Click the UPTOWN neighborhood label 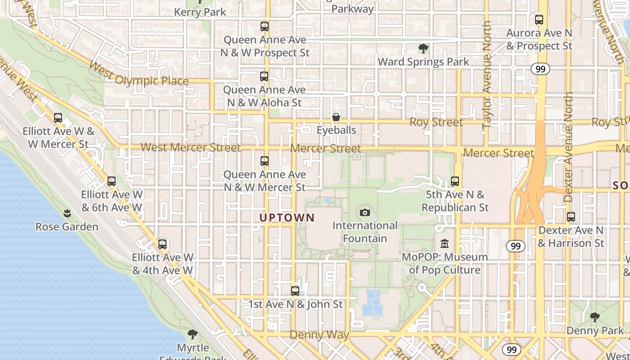click(x=287, y=218)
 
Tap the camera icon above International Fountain click(x=365, y=212)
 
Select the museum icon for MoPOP click(x=445, y=244)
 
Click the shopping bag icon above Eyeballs click(x=336, y=117)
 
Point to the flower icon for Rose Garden click(x=67, y=213)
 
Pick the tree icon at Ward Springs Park click(x=423, y=49)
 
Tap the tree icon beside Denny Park click(x=595, y=317)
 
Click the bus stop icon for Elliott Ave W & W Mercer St click(x=58, y=118)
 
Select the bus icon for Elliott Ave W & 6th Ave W click(x=112, y=181)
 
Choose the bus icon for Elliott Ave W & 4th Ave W click(x=162, y=244)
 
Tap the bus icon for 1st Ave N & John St click(x=295, y=291)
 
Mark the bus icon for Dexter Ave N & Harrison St click(x=571, y=217)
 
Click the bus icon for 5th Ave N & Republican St click(x=455, y=181)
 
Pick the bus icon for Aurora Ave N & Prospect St click(x=539, y=20)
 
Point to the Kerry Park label click(x=200, y=12)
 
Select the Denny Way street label click(x=319, y=335)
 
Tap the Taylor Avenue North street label click(x=487, y=76)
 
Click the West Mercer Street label click(x=191, y=148)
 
